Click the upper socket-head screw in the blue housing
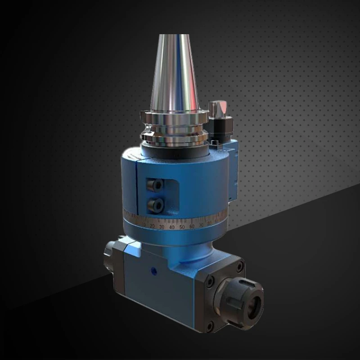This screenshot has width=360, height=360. [x=156, y=184]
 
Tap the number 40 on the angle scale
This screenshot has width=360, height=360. [x=172, y=227]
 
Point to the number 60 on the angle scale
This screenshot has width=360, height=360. [x=192, y=226]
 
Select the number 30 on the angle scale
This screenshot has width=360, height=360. [x=162, y=226]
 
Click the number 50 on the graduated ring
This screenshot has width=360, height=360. [x=182, y=227]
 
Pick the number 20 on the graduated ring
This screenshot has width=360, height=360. [x=152, y=225]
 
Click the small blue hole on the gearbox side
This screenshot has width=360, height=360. [x=153, y=272]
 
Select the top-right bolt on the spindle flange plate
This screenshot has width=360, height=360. [x=239, y=268]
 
